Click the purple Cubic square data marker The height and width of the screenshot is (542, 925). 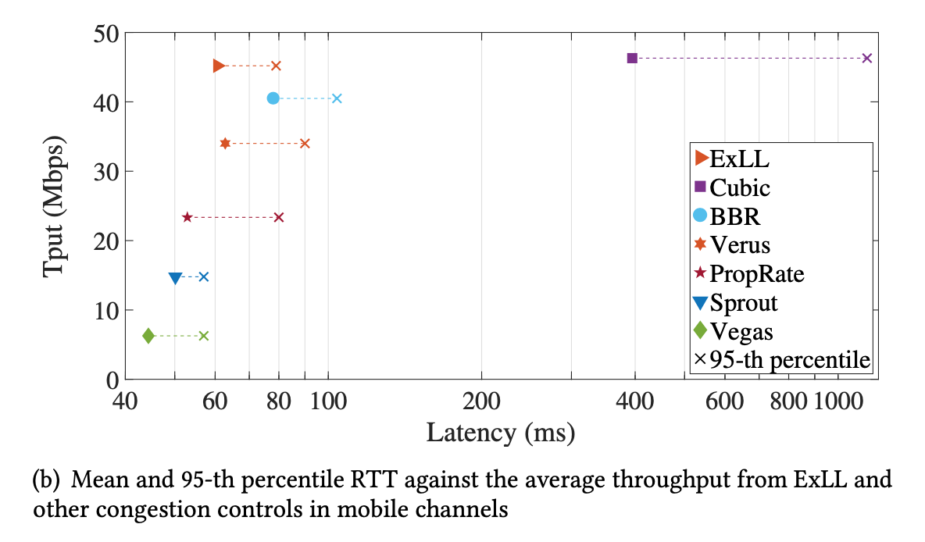tap(632, 58)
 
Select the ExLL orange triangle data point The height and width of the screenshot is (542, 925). tap(219, 66)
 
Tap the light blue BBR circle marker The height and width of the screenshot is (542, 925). tap(273, 98)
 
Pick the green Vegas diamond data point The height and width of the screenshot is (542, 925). tap(148, 336)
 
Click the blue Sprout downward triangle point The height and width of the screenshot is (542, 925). tap(175, 278)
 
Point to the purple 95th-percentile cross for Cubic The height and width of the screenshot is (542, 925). tap(866, 58)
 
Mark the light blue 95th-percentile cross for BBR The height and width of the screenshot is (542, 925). tap(337, 98)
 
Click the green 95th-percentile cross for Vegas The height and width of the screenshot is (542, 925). tap(203, 336)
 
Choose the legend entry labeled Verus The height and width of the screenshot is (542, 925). tap(740, 244)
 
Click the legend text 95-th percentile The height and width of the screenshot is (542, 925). tap(789, 360)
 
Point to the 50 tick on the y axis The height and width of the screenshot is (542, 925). tap(102, 34)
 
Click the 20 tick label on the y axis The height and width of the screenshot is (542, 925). tap(102, 241)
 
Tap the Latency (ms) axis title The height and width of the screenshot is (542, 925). tap(500, 431)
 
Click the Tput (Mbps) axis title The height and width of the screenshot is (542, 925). tap(54, 206)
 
